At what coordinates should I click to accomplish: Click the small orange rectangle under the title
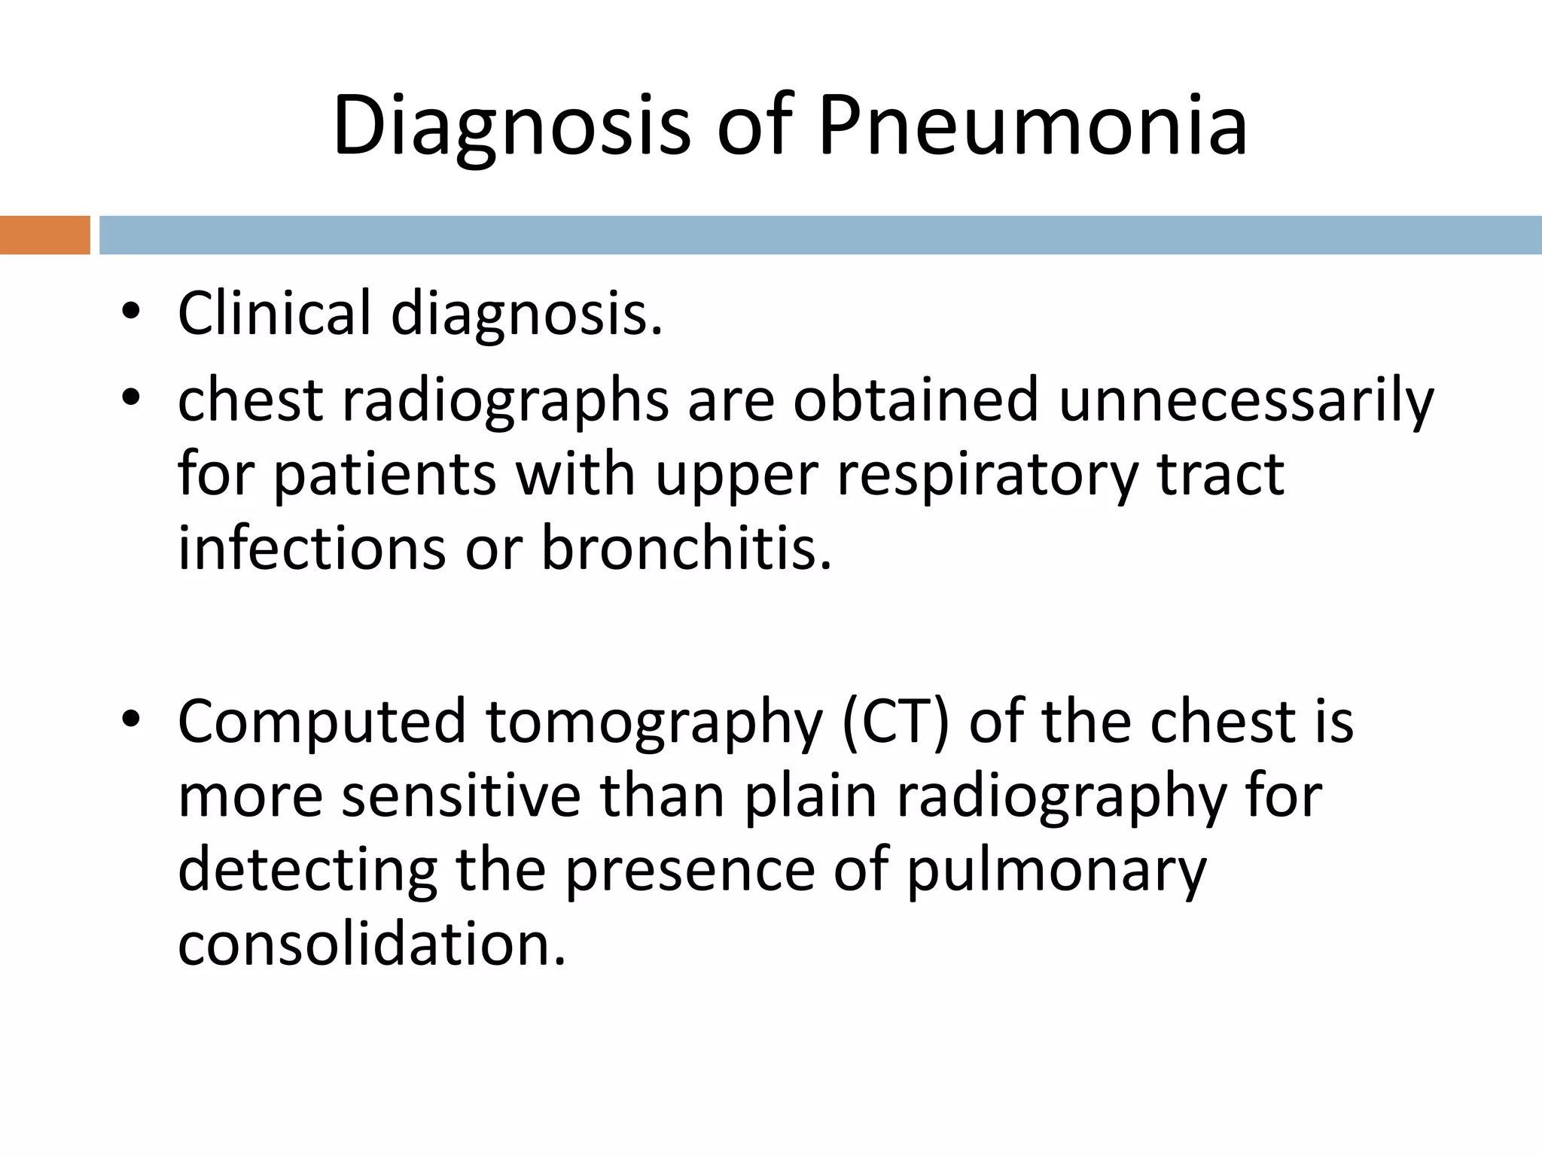44,235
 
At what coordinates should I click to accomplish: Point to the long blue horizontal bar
820,235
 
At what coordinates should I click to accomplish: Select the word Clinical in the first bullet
274,313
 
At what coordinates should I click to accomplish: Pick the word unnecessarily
1246,401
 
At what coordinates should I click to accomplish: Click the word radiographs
505,401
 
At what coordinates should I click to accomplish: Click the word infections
312,549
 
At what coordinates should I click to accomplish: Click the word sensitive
461,796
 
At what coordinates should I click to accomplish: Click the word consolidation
371,945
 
